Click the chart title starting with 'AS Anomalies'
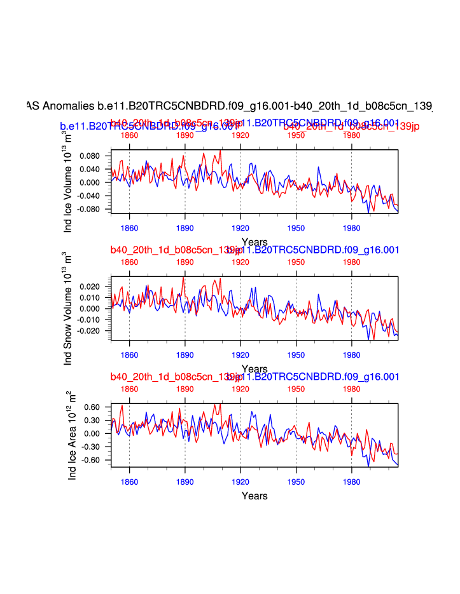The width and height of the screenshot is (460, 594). tap(229, 105)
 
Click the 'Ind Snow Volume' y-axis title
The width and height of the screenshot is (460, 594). tap(68, 308)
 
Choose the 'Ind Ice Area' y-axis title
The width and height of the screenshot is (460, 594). tap(72, 436)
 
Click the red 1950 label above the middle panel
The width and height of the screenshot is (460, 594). tap(296, 262)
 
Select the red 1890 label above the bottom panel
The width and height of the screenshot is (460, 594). tap(185, 389)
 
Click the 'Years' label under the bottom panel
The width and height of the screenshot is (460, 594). tap(254, 496)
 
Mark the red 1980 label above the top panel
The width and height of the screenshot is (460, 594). tap(351, 135)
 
